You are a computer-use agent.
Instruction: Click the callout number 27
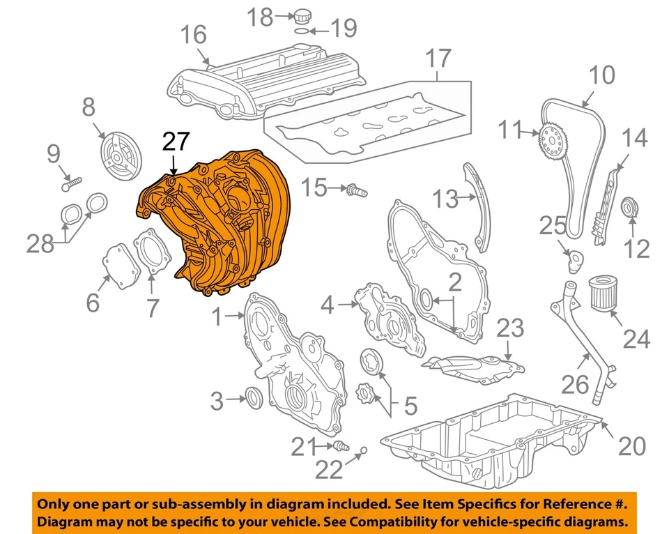(x=175, y=142)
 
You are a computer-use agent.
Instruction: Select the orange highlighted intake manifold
(x=216, y=223)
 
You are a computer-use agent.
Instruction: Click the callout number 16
(x=194, y=33)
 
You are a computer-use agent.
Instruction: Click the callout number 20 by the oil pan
(x=629, y=445)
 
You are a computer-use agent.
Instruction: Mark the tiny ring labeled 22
(x=363, y=452)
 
